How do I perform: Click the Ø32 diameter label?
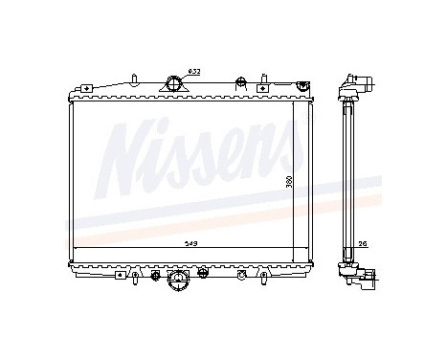(193, 71)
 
